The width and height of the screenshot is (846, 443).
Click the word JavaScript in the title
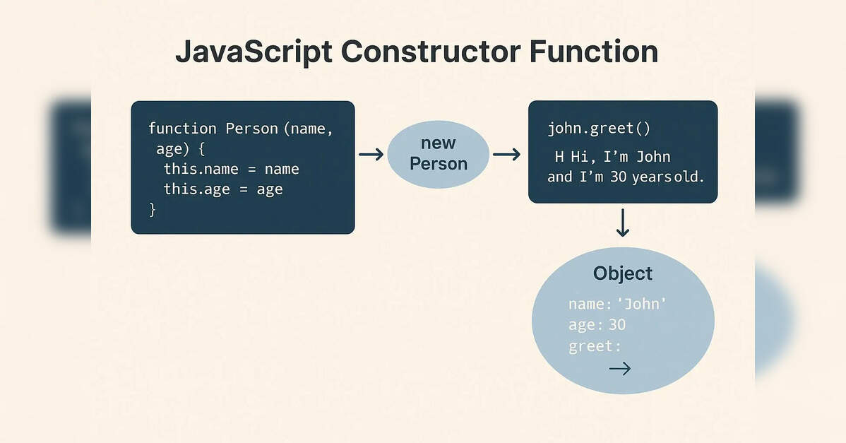[x=254, y=53]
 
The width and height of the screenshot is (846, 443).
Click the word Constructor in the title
[x=431, y=52]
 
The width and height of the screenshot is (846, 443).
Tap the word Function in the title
[x=593, y=52]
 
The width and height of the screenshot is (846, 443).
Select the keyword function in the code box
[x=182, y=129]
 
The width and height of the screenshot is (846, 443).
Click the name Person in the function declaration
[x=251, y=129]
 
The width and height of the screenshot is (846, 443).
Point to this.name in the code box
[x=201, y=169]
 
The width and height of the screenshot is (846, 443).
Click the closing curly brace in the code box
[x=153, y=209]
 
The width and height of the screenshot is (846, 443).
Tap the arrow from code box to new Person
[x=371, y=155]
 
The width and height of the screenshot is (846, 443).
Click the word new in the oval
[x=438, y=143]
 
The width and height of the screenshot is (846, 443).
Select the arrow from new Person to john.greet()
[x=506, y=155]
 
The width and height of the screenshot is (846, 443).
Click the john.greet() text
[x=599, y=129]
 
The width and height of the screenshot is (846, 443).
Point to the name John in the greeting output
[x=653, y=157]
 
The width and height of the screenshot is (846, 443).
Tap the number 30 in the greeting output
[x=619, y=177]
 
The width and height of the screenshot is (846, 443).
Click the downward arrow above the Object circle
[x=623, y=223]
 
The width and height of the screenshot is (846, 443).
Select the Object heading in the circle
[x=623, y=273]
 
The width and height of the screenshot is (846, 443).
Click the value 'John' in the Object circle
[x=641, y=305]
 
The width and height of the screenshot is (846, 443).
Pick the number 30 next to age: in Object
[x=617, y=325]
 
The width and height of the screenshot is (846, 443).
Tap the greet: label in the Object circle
[x=595, y=346]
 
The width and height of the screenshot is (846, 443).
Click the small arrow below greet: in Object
[x=620, y=369]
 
